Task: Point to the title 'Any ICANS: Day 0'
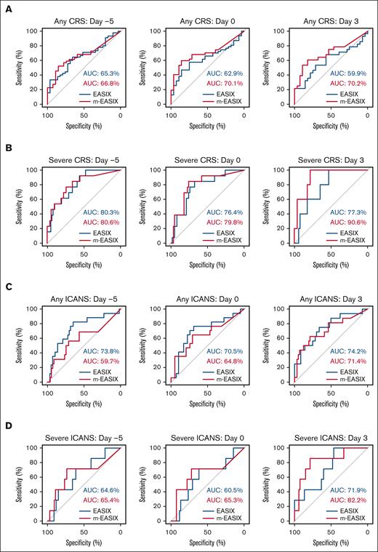pyautogui.click(x=207, y=297)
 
